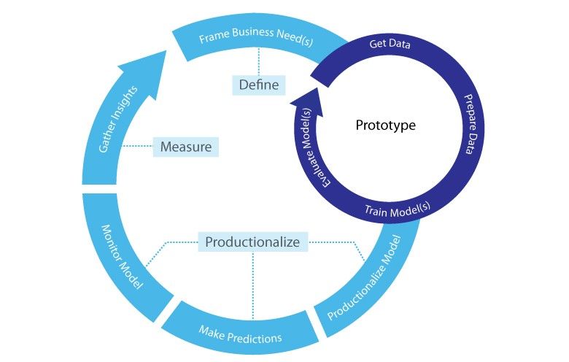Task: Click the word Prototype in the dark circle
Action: point(385,126)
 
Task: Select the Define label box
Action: point(259,85)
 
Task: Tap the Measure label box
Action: point(186,147)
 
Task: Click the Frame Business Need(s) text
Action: point(256,38)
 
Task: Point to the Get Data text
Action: point(390,45)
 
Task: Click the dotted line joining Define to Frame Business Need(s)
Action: point(259,63)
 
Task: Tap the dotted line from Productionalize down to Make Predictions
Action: point(252,285)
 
